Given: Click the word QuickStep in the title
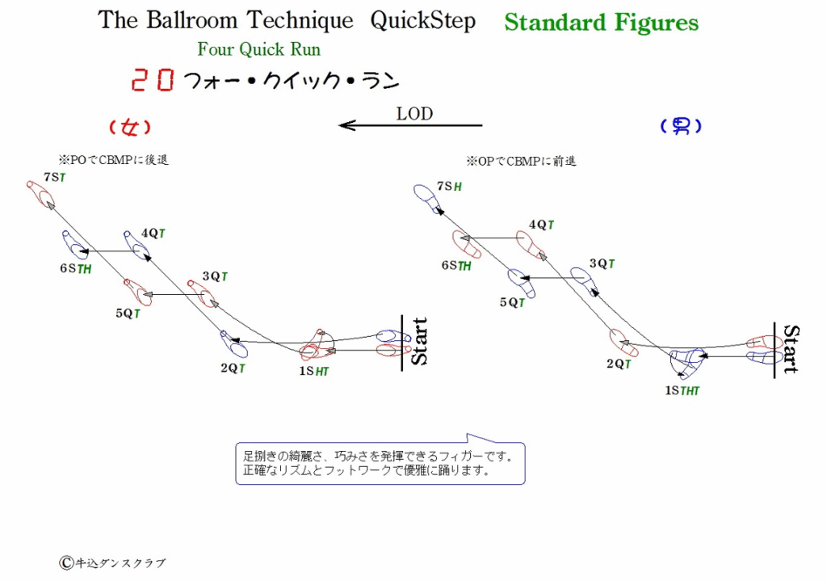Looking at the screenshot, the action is click(x=422, y=21).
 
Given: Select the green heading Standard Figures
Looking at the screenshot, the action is click(x=601, y=23).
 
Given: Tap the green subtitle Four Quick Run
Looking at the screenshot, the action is click(x=259, y=49).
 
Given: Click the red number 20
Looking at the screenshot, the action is click(x=153, y=80).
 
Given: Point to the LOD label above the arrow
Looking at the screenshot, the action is click(x=414, y=113).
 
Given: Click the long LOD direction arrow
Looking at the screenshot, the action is click(x=410, y=125).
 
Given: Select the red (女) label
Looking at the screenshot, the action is click(x=130, y=127).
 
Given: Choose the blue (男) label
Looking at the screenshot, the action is click(x=681, y=125).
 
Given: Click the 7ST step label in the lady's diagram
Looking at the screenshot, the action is click(x=55, y=177).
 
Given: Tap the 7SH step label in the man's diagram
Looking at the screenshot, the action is click(x=449, y=186).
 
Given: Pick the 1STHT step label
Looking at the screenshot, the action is click(x=682, y=390).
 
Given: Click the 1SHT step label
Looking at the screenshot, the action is click(x=314, y=371).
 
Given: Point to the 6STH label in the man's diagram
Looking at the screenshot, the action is click(x=456, y=265).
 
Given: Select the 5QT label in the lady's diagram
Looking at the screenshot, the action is click(x=128, y=314).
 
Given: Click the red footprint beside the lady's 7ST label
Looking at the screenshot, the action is click(x=40, y=194).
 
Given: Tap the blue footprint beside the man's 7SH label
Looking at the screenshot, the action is click(x=428, y=199).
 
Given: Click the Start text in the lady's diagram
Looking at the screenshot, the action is click(x=419, y=342).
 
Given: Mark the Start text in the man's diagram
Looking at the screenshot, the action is click(x=791, y=349).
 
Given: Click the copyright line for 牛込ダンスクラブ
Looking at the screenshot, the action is click(x=112, y=563).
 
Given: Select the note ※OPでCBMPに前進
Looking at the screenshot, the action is click(x=521, y=162).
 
